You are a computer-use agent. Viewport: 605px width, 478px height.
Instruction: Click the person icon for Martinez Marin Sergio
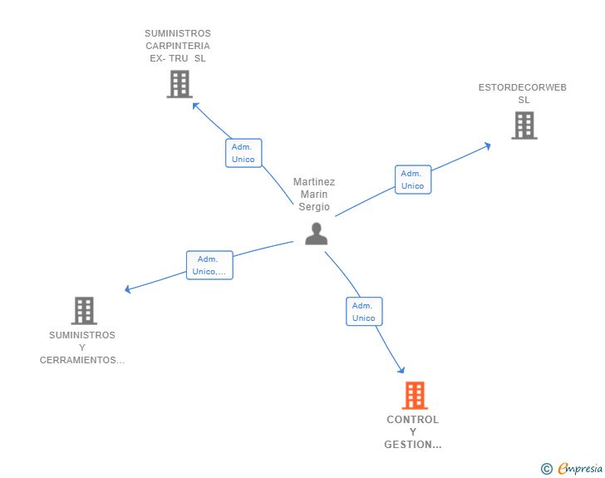pyautogui.click(x=316, y=234)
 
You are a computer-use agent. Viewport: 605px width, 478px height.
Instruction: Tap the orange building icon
pyautogui.click(x=415, y=396)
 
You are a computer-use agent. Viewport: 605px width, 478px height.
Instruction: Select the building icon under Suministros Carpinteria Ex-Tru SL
pyautogui.click(x=180, y=84)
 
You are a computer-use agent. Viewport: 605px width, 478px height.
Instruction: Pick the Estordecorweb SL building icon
pyautogui.click(x=524, y=126)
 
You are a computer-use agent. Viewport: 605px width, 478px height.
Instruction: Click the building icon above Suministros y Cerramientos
pyautogui.click(x=84, y=311)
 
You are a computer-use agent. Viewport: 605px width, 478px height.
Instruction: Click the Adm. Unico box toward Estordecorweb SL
pyautogui.click(x=412, y=180)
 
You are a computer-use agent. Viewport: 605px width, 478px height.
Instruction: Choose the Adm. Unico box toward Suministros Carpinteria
pyautogui.click(x=243, y=153)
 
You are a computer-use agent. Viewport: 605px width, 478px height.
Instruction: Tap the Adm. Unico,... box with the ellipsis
pyautogui.click(x=209, y=265)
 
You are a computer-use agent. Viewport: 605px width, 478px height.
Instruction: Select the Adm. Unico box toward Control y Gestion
pyautogui.click(x=364, y=312)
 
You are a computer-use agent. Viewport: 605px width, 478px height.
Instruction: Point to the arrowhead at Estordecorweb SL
pyautogui.click(x=487, y=145)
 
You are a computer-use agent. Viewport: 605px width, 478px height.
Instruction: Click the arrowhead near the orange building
pyautogui.click(x=401, y=370)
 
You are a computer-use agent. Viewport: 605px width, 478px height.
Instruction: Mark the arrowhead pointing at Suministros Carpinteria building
pyautogui.click(x=195, y=105)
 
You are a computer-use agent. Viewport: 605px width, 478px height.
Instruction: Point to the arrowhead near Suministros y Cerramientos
pyautogui.click(x=128, y=289)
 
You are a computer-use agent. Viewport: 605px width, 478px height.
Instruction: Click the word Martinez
pyautogui.click(x=314, y=182)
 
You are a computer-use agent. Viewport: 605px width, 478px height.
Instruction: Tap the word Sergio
pyautogui.click(x=314, y=207)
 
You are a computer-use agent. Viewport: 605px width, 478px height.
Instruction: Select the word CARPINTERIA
pyautogui.click(x=178, y=46)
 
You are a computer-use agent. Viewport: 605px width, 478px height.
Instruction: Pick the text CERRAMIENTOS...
pyautogui.click(x=82, y=360)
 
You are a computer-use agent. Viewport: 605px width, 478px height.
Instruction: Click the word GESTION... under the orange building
pyautogui.click(x=413, y=445)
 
